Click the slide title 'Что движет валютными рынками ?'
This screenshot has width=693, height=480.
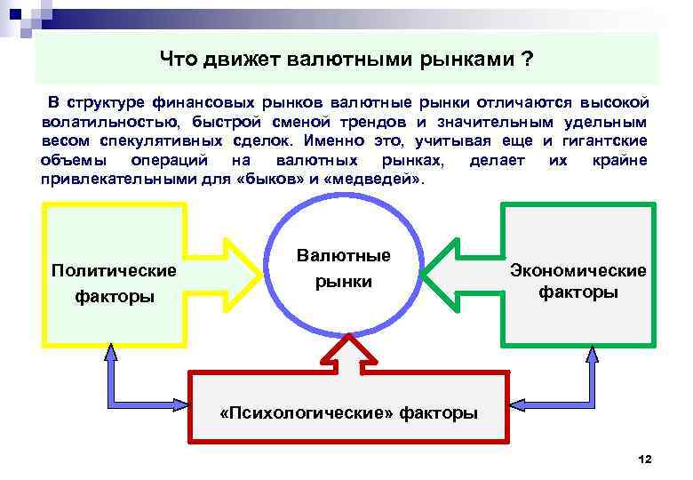pos(346,60)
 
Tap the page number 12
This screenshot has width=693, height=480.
pos(645,459)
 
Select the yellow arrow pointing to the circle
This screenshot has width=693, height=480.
pos(235,273)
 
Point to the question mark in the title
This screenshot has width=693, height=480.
pos(529,60)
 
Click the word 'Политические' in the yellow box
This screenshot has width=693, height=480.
pos(114,269)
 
